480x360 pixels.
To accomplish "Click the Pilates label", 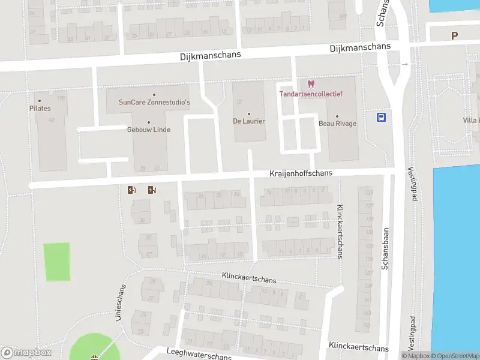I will tap(40, 109).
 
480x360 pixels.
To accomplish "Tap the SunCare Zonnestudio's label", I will tap(154, 103).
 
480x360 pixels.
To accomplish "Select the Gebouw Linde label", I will tap(149, 130).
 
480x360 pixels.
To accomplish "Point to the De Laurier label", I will tap(249, 121).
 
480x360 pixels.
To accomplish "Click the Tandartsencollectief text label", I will tap(310, 93).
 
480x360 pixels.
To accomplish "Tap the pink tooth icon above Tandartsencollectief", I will tap(310, 84).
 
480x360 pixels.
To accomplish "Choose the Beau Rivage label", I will tap(337, 124).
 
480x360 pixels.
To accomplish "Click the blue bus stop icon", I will tap(381, 117).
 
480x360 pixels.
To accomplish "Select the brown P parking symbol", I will tap(455, 35).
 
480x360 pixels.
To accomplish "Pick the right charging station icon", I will tap(152, 190).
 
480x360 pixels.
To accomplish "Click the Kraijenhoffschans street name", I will tap(300, 173).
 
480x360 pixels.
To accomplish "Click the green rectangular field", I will tap(58, 262).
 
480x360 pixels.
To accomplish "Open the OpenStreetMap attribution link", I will tap(454, 356).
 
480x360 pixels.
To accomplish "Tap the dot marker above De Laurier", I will tap(249, 113).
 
